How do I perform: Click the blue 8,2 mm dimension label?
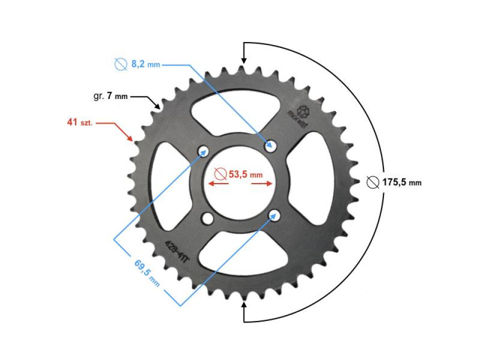point(145,64)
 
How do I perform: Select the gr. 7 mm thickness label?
point(110,96)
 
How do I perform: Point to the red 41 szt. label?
point(79,122)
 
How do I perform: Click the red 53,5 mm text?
point(245,174)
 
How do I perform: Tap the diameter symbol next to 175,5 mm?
point(372,182)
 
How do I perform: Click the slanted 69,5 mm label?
point(147,272)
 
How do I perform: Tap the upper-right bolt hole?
point(271,145)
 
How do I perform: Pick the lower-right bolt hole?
point(274,214)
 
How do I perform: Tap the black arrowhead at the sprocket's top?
point(243,59)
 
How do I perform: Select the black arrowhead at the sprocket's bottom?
point(244,305)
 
